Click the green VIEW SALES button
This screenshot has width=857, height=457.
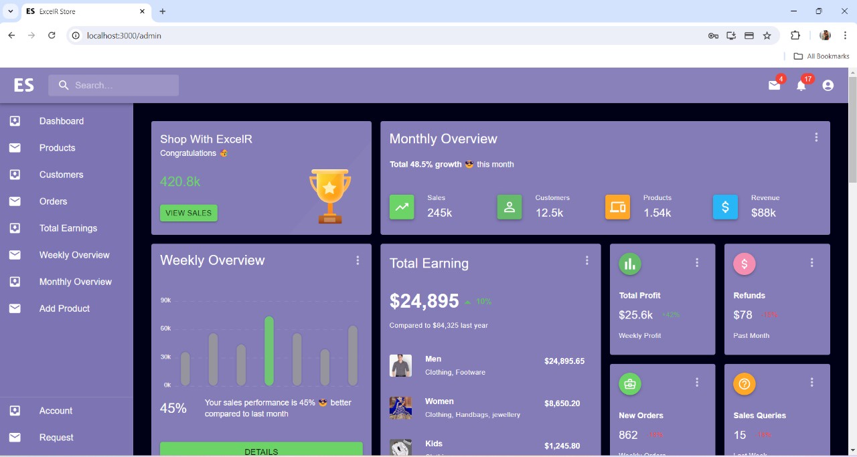[188, 213]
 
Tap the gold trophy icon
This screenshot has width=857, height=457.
[329, 195]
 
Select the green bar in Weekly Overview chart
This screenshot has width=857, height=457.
[269, 351]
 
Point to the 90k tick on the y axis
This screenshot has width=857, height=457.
[165, 300]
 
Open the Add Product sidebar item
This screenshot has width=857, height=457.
[64, 308]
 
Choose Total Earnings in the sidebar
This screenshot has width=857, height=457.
[68, 228]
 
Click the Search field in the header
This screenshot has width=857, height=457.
[114, 86]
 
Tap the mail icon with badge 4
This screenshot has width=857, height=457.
[774, 86]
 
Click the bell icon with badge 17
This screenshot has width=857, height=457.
[801, 86]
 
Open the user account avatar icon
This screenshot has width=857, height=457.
[828, 86]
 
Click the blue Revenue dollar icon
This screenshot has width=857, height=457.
[725, 207]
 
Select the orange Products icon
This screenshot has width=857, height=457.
[617, 207]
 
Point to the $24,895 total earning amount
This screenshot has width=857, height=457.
[424, 302]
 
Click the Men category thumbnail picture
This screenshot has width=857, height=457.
[400, 365]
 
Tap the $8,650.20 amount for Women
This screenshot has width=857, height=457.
[562, 403]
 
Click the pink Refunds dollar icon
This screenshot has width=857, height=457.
[745, 264]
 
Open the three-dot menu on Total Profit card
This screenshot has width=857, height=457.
[697, 263]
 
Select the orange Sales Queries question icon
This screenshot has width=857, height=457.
[745, 384]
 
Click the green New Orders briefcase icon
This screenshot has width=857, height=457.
[630, 384]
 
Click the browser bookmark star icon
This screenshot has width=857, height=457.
[767, 35]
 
